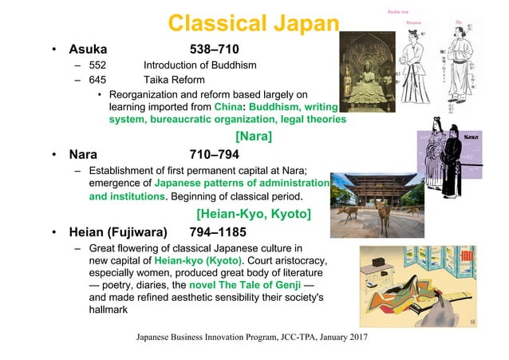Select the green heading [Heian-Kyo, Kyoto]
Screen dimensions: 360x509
pyautogui.click(x=253, y=214)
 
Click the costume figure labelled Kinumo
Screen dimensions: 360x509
pyautogui.click(x=414, y=60)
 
